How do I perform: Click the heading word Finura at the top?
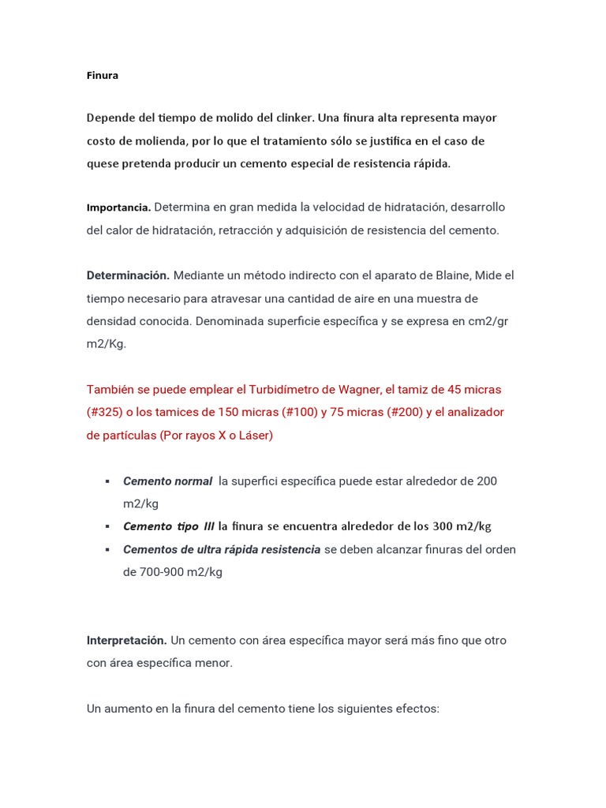[103, 76]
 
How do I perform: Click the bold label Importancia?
[118, 208]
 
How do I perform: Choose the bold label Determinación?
[128, 275]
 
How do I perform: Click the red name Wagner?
[361, 390]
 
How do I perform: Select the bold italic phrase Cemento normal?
[167, 481]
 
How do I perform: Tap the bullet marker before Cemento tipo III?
[107, 526]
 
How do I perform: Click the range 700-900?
[152, 572]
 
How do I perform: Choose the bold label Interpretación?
[126, 641]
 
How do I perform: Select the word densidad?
[110, 322]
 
